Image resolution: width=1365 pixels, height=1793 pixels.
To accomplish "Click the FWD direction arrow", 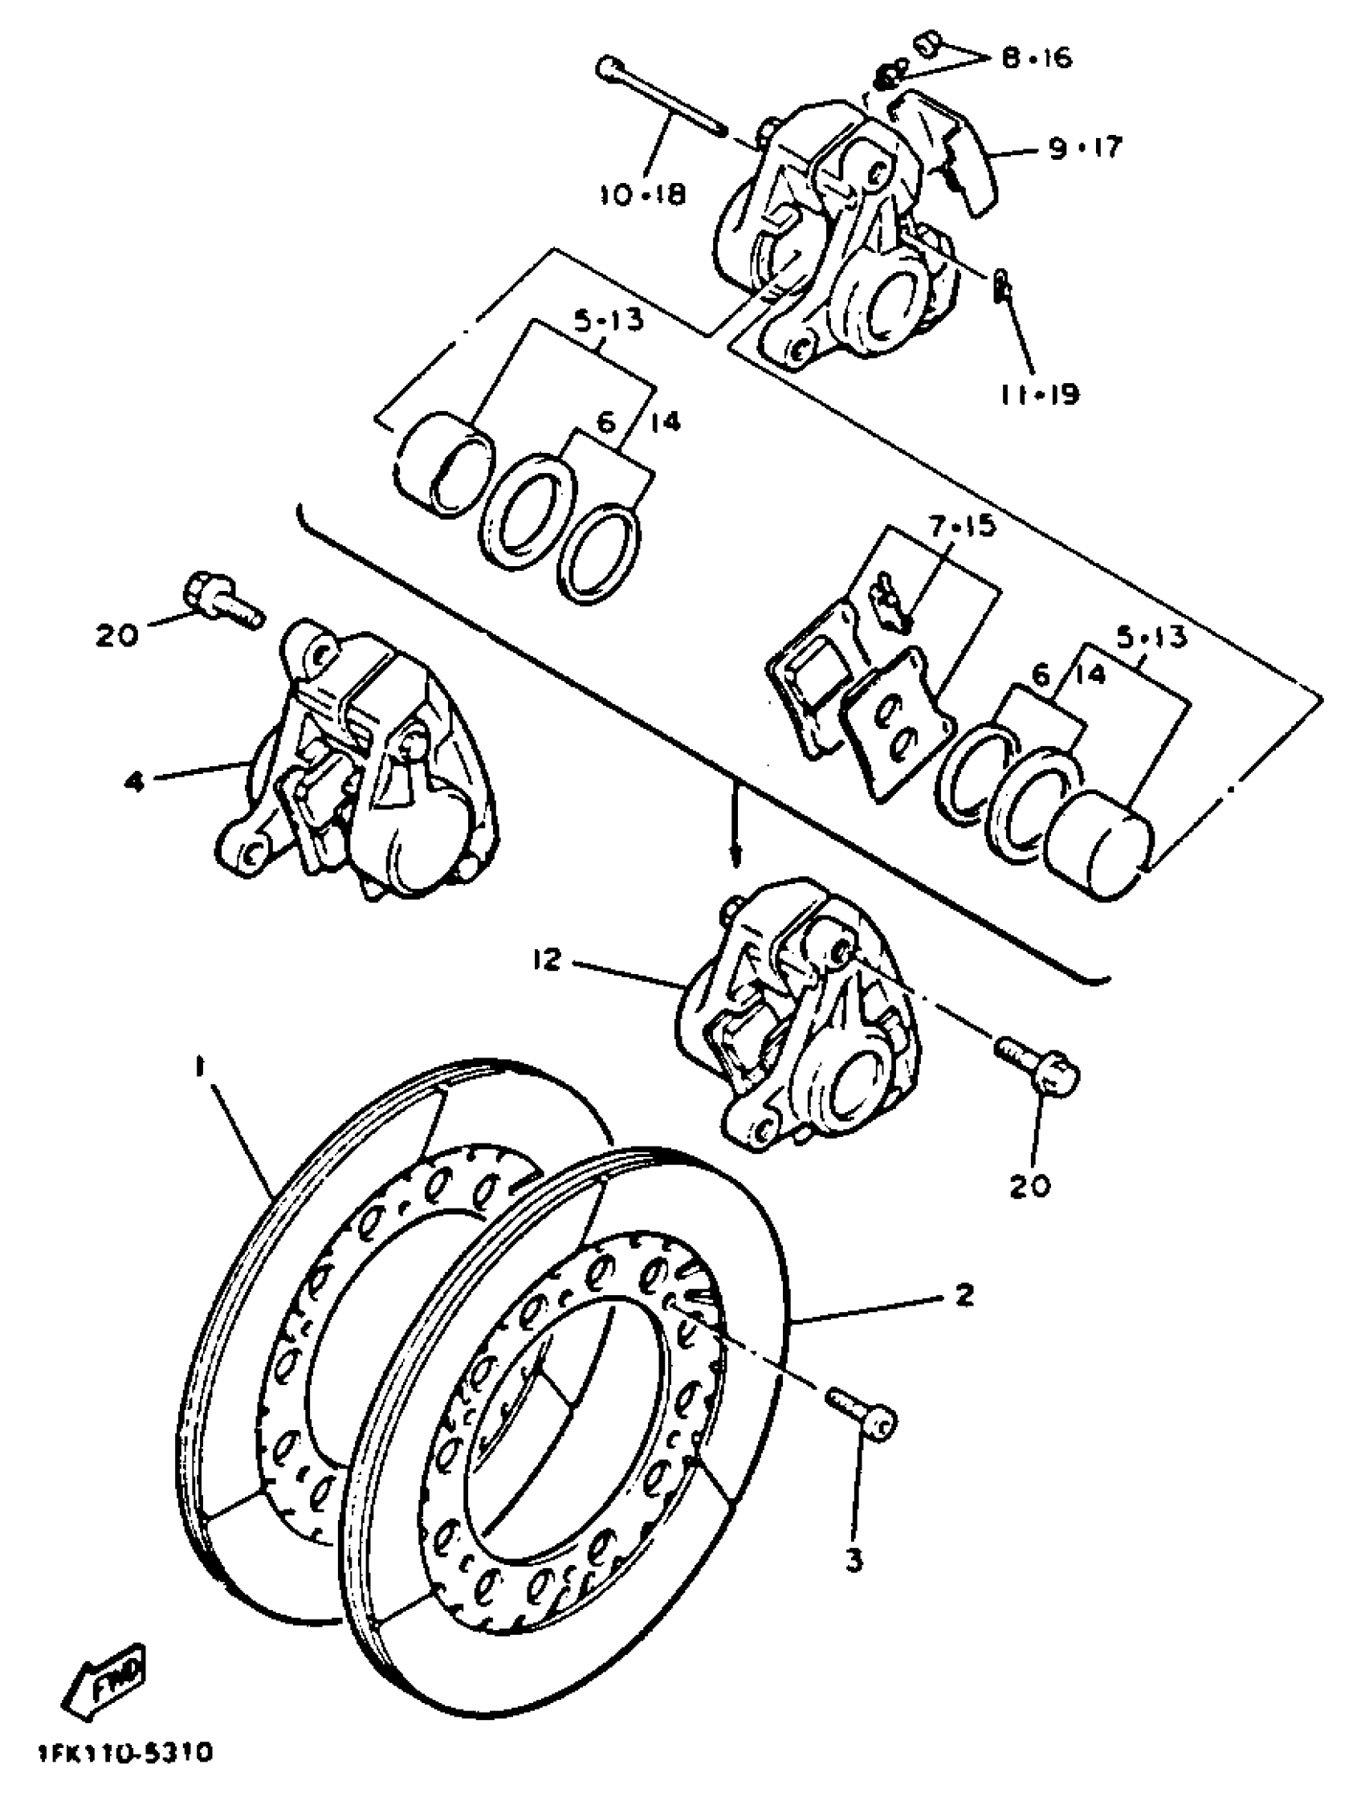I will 110,1681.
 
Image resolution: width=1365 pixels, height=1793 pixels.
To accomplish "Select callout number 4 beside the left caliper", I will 135,782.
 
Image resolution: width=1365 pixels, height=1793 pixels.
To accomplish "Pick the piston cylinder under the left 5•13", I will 443,466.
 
